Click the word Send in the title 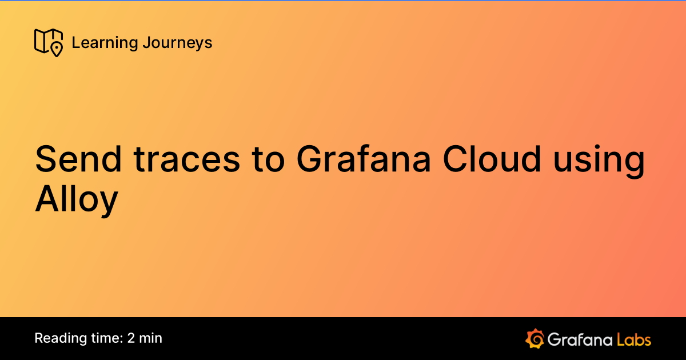coord(78,160)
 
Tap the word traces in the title coord(187,160)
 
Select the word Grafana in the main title coord(364,160)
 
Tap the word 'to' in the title coord(267,160)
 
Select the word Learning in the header coord(105,43)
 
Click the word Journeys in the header coord(177,43)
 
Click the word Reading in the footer coord(57,338)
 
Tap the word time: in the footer coord(103,338)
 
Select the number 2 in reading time coord(131,338)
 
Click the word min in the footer coord(151,338)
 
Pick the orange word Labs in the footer coord(634,339)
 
